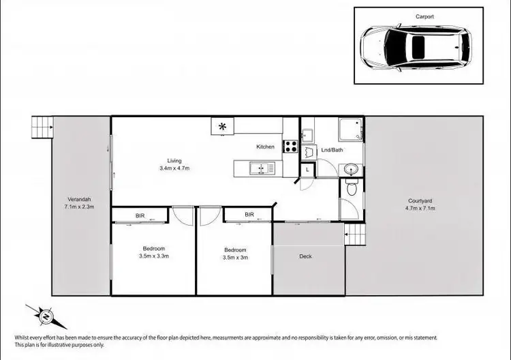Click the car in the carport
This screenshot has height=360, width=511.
click(415, 48)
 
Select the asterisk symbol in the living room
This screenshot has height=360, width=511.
click(222, 125)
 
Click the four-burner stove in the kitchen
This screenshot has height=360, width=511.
click(290, 146)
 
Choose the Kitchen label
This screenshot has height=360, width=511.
click(265, 147)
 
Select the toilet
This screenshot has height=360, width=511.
click(352, 187)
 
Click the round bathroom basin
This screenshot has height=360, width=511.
click(352, 168)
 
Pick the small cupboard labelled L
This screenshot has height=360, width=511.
click(308, 168)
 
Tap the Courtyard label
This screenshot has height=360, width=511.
click(421, 204)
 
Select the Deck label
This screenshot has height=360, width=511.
click(306, 256)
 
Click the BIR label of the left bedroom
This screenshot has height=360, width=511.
click(140, 215)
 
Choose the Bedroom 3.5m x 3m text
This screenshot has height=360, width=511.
click(234, 254)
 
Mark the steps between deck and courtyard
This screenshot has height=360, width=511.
click(355, 235)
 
